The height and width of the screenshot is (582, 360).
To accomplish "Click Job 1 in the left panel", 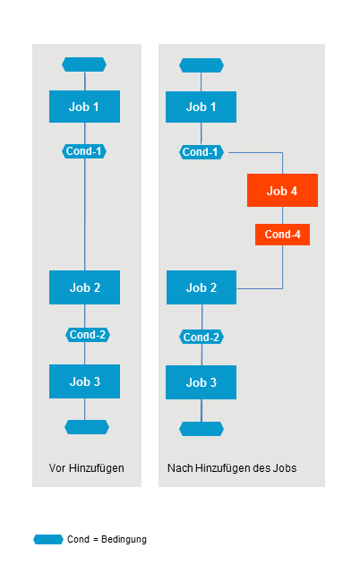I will [x=84, y=107].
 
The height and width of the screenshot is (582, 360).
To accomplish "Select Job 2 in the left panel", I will [x=84, y=287].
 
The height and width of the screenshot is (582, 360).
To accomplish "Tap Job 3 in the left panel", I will [x=84, y=381].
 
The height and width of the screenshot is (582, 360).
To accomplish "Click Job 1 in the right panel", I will [x=201, y=107].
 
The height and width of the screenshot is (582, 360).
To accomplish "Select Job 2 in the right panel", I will [x=201, y=287].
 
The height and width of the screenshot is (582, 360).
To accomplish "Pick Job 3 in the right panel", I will [x=201, y=382].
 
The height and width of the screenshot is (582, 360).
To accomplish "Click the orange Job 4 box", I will [x=282, y=191].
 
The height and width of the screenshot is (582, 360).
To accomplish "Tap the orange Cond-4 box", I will [x=282, y=235].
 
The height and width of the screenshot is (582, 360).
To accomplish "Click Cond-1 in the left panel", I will [x=84, y=151].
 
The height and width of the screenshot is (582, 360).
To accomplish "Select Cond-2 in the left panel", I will [x=88, y=335].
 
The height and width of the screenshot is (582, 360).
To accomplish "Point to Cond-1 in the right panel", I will [x=201, y=152].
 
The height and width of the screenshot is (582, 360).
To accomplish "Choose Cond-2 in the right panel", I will [x=201, y=338].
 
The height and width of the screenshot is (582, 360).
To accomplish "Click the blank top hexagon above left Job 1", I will [x=84, y=64].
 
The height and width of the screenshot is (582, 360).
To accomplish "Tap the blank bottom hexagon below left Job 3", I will [x=86, y=427].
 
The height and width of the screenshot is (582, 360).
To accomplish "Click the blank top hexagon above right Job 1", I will [x=201, y=65].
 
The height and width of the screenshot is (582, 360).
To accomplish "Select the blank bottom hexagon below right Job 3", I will [x=201, y=429].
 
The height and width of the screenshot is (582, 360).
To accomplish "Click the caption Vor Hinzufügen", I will [x=86, y=468].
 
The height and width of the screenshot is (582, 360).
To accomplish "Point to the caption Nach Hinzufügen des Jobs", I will [x=232, y=468].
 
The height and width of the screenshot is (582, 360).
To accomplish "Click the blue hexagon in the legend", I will [x=48, y=539].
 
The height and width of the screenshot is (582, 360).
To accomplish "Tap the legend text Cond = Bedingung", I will [x=107, y=539].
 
